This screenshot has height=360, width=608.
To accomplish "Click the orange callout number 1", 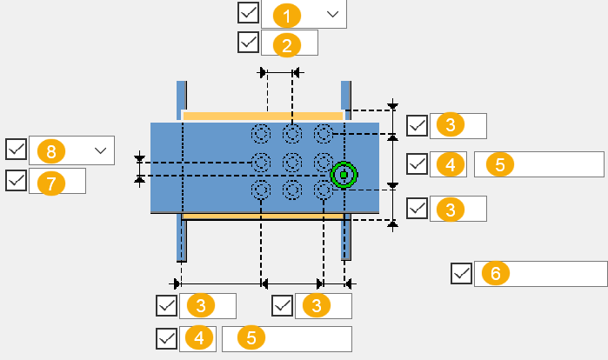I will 287,15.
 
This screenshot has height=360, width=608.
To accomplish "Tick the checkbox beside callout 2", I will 248,43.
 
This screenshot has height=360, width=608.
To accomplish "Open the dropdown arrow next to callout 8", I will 102,151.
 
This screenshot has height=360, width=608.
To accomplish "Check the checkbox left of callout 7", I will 16,181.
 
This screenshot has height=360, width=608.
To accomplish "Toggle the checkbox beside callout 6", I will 462,274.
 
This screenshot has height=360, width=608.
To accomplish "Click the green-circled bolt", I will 344,176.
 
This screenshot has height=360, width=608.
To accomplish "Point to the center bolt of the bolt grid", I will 292,162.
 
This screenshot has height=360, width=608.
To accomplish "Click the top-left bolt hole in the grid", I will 261,134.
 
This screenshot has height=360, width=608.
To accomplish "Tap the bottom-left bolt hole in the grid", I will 261,190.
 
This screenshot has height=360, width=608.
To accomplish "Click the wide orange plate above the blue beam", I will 263,116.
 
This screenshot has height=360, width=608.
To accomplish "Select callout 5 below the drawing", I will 251,338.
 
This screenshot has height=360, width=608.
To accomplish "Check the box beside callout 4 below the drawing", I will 166,338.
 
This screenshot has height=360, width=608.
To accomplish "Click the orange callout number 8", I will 50,151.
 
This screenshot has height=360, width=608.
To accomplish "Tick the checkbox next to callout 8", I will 16,150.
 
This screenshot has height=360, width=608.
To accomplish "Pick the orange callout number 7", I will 50,182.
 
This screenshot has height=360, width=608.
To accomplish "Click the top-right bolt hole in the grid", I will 324,134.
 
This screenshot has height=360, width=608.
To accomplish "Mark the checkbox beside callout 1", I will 248,13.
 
